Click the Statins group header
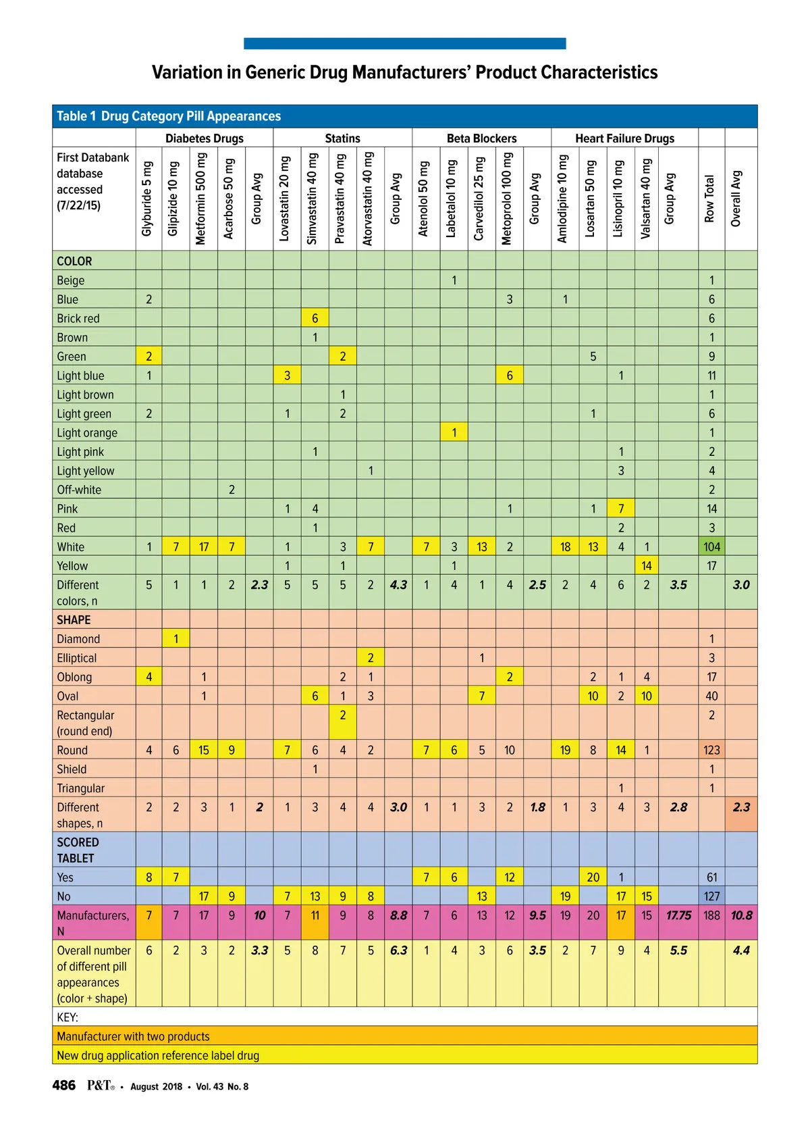tap(342, 138)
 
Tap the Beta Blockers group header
tap(481, 138)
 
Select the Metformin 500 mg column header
tap(201, 199)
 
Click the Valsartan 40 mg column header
tap(646, 199)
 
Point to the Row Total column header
tap(709, 199)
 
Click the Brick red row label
tap(78, 319)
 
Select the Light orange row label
tap(87, 433)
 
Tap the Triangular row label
tap(81, 788)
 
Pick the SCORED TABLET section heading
tap(78, 850)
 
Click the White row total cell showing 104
tap(711, 547)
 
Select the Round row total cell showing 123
tap(711, 750)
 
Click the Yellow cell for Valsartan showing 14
tap(646, 566)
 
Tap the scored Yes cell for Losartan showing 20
tap(593, 877)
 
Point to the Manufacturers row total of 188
tap(711, 916)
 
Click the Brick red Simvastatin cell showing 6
tap(315, 319)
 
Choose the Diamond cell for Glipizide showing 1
tap(176, 639)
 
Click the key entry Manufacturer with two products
tap(133, 1037)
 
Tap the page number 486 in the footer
tap(64, 1085)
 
